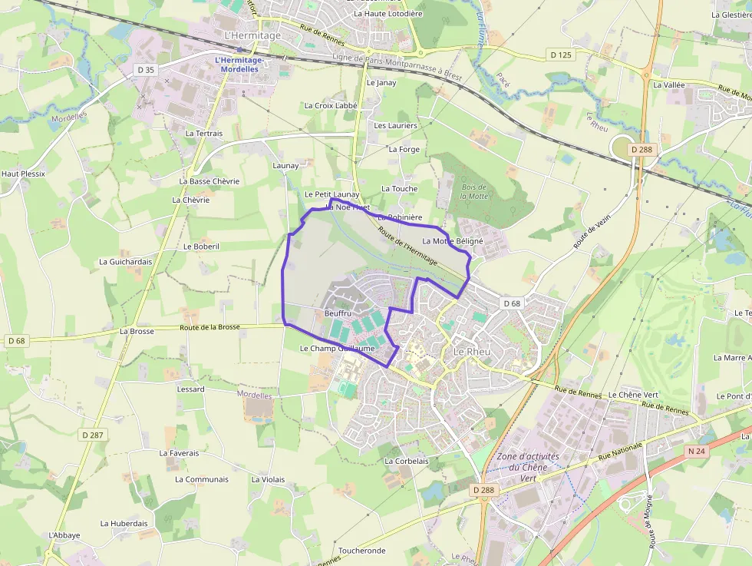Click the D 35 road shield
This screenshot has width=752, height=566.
pos(144,70)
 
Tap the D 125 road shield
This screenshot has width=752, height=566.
pos(562,55)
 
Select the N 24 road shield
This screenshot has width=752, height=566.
pos(697,451)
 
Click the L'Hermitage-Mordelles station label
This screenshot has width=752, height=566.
pos(239,65)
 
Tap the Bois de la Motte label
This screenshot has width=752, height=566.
pos(473,191)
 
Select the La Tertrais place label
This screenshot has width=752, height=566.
pos(204,133)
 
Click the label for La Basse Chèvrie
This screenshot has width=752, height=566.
pos(209,181)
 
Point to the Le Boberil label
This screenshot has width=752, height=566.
pos(202,247)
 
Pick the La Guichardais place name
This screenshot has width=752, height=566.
pos(125,261)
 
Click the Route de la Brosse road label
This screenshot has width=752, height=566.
pos(209,327)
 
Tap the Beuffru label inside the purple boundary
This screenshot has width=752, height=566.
pos(337,313)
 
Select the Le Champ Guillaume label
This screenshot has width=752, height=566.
pos(337,348)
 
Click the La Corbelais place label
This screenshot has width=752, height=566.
pos(406,461)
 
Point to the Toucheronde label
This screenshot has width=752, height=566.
pos(361,551)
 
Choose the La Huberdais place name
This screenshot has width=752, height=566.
pos(124,524)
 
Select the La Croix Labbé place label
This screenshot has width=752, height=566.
pos(331,106)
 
